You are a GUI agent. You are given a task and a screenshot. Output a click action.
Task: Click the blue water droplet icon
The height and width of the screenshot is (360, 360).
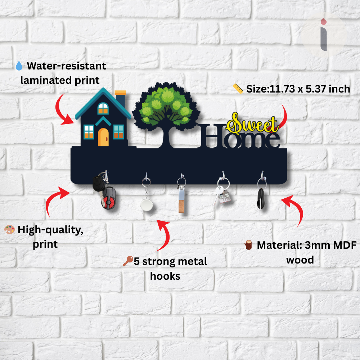pyautogui.click(x=19, y=66)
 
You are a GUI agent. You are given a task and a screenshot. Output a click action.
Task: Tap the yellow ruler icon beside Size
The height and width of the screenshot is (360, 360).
pyautogui.click(x=238, y=89)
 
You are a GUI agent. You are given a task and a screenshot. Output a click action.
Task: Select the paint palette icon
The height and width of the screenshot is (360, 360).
pyautogui.click(x=9, y=229)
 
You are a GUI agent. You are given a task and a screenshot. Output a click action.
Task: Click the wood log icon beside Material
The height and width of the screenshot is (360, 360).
pyautogui.click(x=248, y=245)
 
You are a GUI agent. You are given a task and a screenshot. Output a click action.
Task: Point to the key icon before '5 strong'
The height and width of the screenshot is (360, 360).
pyautogui.click(x=128, y=261)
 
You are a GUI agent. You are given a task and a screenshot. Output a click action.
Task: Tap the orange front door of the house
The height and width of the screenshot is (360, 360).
pyautogui.click(x=103, y=137)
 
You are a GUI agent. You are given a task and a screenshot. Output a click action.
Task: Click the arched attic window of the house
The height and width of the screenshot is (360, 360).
pyautogui.click(x=103, y=108)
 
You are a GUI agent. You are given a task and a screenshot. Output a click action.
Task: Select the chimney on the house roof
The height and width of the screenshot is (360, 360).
pyautogui.click(x=120, y=99)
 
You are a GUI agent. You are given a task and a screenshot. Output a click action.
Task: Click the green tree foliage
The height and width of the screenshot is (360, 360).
pyautogui.click(x=166, y=106)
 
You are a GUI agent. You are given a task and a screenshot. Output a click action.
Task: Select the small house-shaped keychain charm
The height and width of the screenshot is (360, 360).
pyautogui.click(x=224, y=197)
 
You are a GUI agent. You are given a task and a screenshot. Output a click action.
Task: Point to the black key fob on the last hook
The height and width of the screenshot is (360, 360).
pyautogui.click(x=261, y=199)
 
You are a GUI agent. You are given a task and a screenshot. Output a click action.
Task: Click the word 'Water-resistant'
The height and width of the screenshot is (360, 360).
pyautogui.click(x=66, y=66)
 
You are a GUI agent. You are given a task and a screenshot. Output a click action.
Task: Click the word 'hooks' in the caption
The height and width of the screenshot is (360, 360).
pyautogui.click(x=165, y=276)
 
